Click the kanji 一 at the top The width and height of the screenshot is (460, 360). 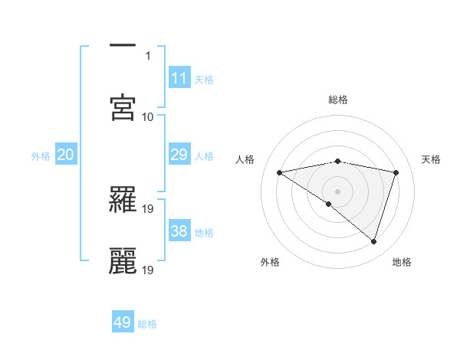(x=123, y=45)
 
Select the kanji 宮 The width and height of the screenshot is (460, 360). (x=123, y=106)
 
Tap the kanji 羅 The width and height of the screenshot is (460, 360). (x=123, y=198)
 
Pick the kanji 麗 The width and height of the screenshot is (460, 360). (x=123, y=260)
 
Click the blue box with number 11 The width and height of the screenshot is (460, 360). (x=179, y=77)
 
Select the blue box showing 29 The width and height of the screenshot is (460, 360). (x=179, y=155)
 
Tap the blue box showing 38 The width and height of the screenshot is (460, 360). (x=179, y=231)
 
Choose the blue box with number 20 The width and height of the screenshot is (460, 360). (x=66, y=155)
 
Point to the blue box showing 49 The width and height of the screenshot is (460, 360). (x=123, y=322)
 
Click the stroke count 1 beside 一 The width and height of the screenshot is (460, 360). (x=149, y=55)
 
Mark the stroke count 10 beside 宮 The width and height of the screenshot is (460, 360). (x=148, y=116)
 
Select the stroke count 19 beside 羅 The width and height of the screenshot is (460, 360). (x=148, y=208)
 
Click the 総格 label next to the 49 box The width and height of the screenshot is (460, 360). (x=148, y=324)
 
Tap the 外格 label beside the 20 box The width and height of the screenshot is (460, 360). (x=41, y=156)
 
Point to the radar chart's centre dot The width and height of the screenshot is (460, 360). (x=337, y=191)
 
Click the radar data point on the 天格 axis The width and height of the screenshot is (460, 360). (x=396, y=172)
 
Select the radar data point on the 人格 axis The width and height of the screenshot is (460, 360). (x=280, y=172)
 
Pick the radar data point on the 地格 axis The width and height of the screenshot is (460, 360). (x=374, y=241)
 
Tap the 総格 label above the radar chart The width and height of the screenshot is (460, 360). (x=338, y=100)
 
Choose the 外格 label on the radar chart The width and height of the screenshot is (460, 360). (x=270, y=262)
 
